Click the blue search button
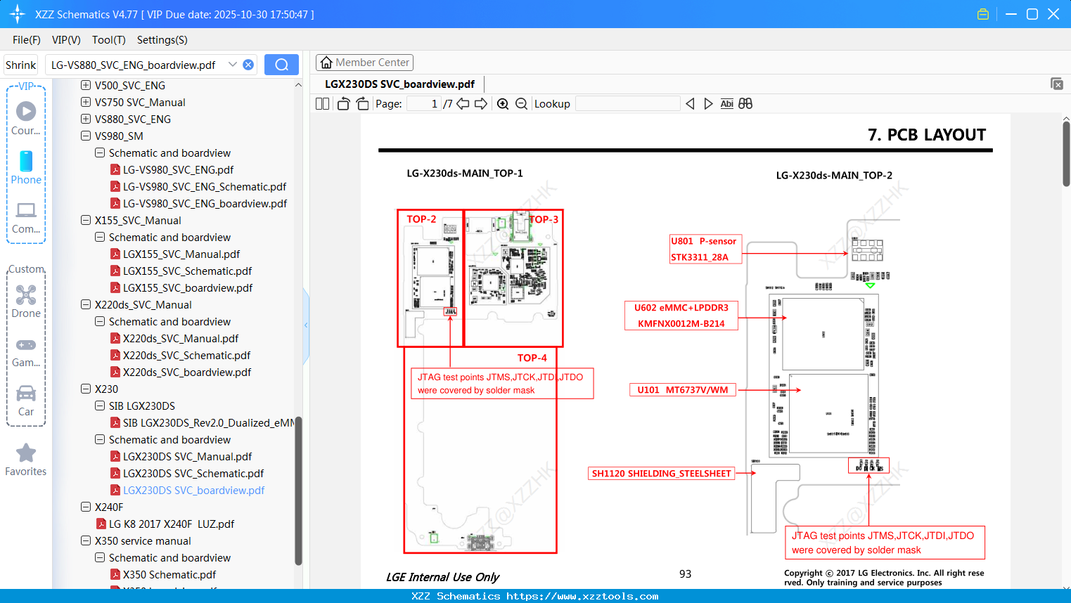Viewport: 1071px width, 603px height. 281,65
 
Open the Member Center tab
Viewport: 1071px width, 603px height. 364,63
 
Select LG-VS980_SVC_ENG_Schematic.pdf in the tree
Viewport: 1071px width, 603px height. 204,187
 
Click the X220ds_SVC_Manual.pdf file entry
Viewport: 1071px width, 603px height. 180,339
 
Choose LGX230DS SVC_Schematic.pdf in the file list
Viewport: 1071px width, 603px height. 193,474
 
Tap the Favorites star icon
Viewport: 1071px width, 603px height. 26,453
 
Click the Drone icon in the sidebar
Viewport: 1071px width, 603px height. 26,295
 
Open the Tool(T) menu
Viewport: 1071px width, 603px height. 108,40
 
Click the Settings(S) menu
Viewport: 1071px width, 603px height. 162,40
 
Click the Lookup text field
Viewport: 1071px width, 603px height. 627,104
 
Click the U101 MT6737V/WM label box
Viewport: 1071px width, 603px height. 682,390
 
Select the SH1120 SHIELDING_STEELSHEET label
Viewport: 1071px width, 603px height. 661,474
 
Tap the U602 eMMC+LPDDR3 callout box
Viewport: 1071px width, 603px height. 681,316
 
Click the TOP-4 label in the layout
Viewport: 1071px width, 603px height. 532,358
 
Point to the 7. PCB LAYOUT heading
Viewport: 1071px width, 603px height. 926,135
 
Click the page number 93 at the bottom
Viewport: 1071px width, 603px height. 685,574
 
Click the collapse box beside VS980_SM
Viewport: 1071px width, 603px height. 86,136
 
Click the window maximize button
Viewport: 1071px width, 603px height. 1032,14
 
